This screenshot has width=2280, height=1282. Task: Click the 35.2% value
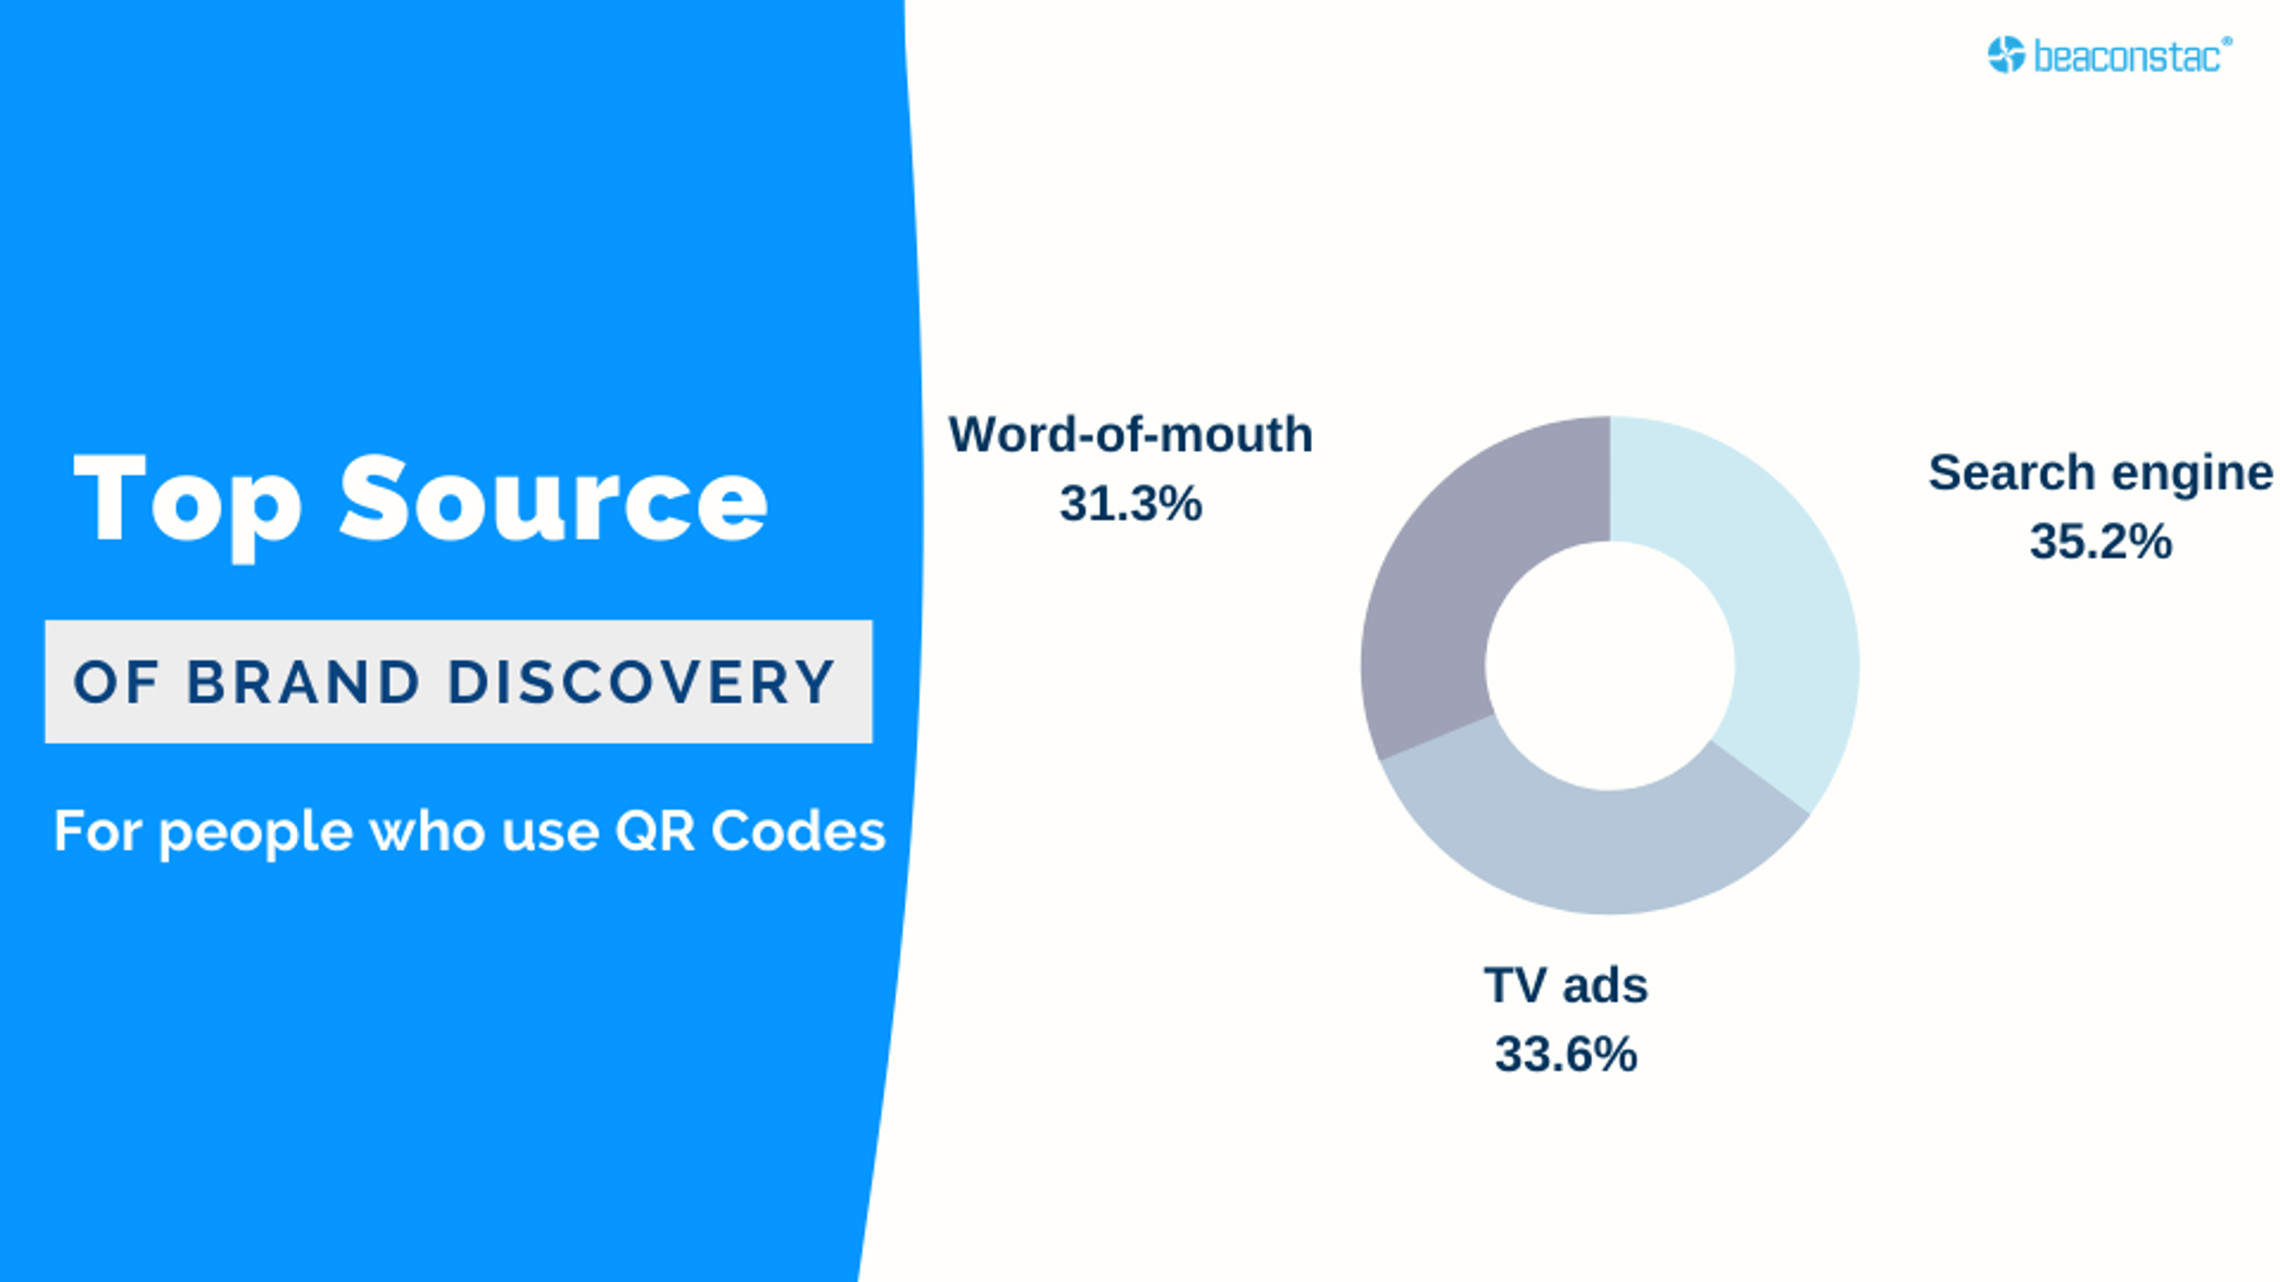pos(2099,541)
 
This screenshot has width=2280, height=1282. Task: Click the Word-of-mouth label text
pos(1130,434)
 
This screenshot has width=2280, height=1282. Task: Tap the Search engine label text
pos(2099,472)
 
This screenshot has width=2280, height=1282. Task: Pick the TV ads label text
pos(1566,986)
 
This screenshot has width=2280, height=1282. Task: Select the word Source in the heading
pos(553,500)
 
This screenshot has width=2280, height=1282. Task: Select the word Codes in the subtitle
pos(797,832)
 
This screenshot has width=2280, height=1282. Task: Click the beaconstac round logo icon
pos(2006,55)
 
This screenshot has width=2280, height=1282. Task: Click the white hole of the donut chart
pos(1609,665)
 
